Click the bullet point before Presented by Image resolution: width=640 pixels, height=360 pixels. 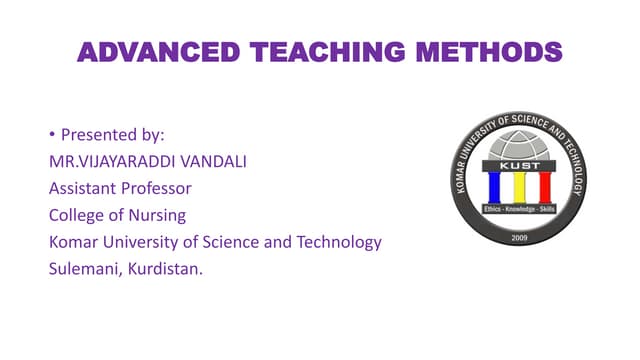tap(52, 134)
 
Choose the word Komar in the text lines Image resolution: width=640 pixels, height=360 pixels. tap(74, 242)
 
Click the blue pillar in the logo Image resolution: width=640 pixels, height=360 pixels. tap(493, 187)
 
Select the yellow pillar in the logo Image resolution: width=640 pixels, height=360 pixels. tap(518, 187)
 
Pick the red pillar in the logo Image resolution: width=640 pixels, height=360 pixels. tap(544, 187)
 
